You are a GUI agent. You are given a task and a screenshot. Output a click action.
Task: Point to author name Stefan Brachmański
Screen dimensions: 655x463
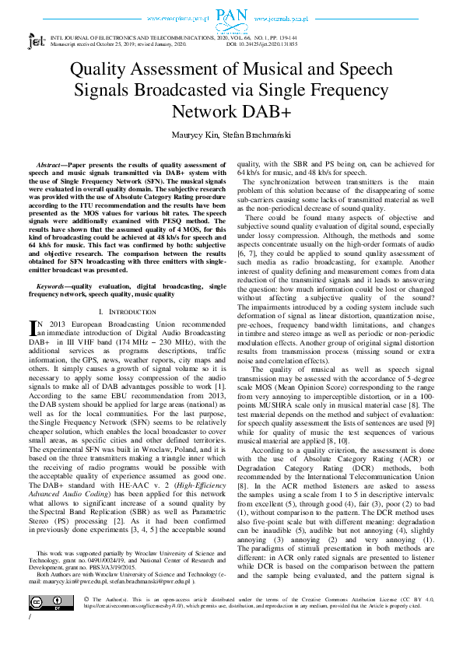pyautogui.click(x=255, y=134)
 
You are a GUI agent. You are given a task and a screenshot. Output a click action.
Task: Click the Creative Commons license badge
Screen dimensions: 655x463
pyautogui.click(x=51, y=602)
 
